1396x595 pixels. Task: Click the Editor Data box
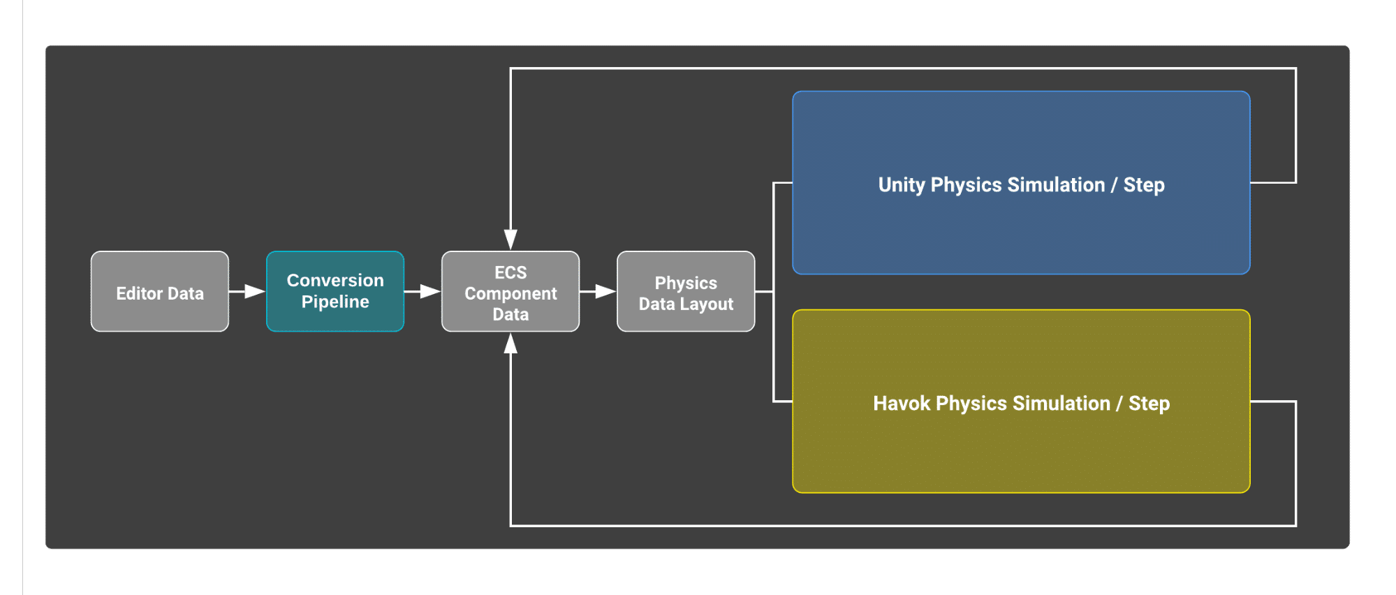pyautogui.click(x=160, y=291)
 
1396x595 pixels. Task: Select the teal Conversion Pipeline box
pyautogui.click(x=335, y=291)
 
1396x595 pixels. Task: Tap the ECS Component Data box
pyautogui.click(x=510, y=291)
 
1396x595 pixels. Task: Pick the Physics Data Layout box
pyautogui.click(x=686, y=291)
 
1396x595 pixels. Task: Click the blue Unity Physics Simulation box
pyautogui.click(x=1021, y=183)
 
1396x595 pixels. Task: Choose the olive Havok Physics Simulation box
pyautogui.click(x=1021, y=402)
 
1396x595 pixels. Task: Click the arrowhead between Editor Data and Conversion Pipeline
pyautogui.click(x=255, y=291)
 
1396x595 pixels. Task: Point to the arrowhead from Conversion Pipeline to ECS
pyautogui.click(x=430, y=291)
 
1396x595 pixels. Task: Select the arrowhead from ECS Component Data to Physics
pyautogui.click(x=605, y=291)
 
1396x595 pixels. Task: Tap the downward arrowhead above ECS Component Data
pyautogui.click(x=510, y=240)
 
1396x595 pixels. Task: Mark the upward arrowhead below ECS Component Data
pyautogui.click(x=510, y=343)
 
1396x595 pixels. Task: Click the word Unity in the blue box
pyautogui.click(x=902, y=185)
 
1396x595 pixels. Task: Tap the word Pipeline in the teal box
pyautogui.click(x=335, y=302)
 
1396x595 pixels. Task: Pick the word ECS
pyautogui.click(x=510, y=272)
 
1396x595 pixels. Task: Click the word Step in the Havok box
pyautogui.click(x=1149, y=404)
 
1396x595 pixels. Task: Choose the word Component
pyautogui.click(x=510, y=294)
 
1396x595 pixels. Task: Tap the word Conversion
pyautogui.click(x=335, y=280)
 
